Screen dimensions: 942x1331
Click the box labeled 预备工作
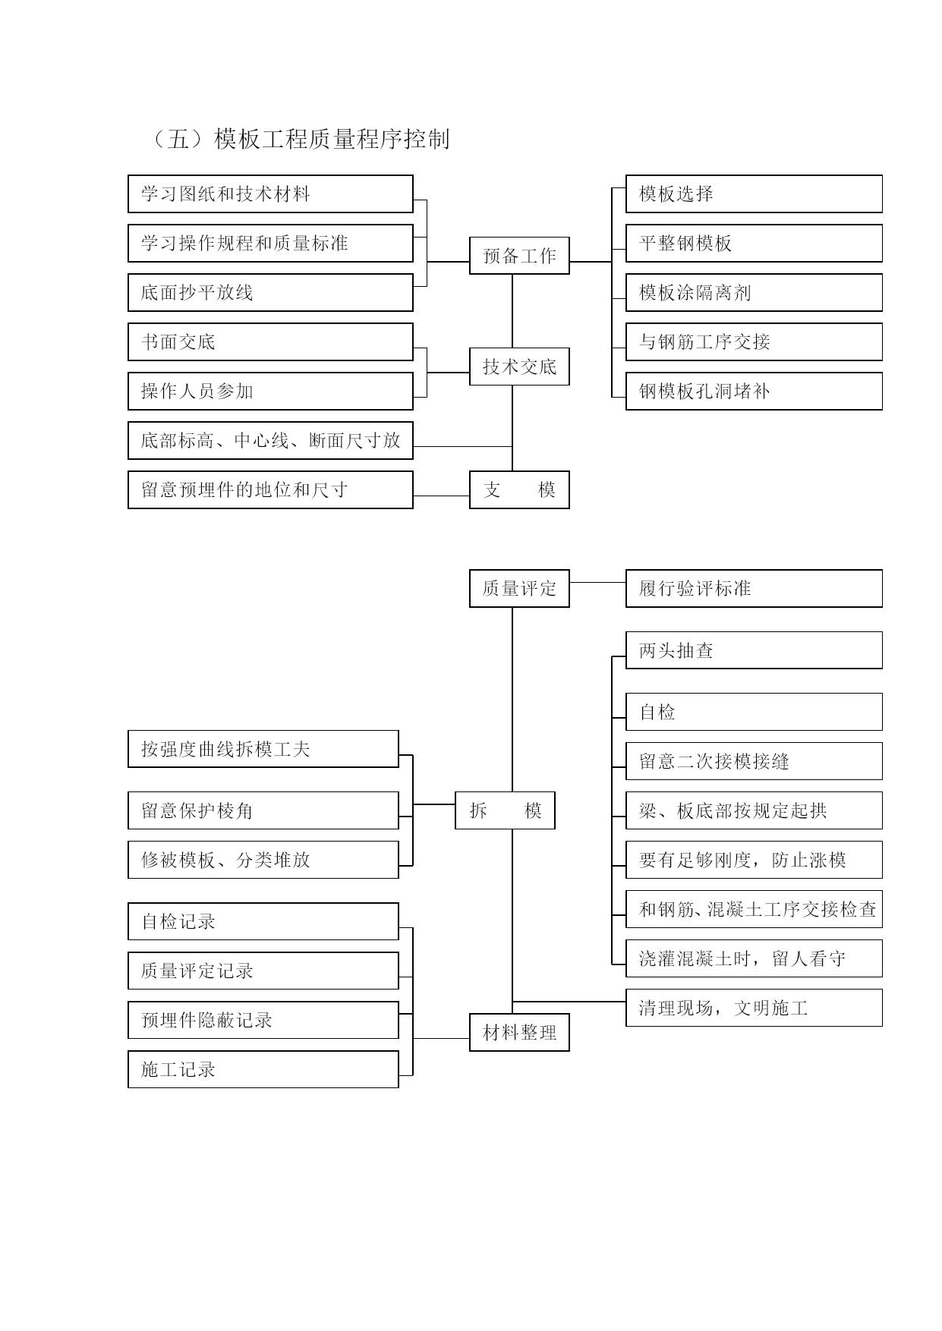tap(519, 256)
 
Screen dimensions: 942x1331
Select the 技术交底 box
tap(519, 367)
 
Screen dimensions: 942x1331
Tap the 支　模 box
tap(519, 489)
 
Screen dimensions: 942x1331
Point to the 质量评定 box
tap(519, 588)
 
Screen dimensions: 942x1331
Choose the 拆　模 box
tap(505, 810)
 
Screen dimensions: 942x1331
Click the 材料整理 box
tap(519, 1032)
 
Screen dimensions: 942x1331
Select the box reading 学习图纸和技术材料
tap(270, 194)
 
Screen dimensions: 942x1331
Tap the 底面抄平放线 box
tap(270, 292)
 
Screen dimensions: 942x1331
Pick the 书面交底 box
tap(270, 341)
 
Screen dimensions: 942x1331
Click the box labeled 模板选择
tap(754, 194)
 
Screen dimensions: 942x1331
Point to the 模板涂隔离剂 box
tap(754, 292)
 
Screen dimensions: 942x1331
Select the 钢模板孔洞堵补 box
tap(754, 391)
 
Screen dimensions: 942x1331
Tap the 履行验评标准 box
tap(754, 588)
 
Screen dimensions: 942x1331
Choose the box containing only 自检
tap(754, 712)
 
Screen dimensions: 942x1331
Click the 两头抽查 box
tap(754, 650)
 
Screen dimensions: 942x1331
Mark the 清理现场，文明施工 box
tap(754, 1008)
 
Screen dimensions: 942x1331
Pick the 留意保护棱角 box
tap(263, 810)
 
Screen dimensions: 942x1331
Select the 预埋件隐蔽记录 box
tap(263, 1020)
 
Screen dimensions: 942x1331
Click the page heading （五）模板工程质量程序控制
tap(297, 139)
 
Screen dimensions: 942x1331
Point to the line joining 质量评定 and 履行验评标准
tap(598, 582)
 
